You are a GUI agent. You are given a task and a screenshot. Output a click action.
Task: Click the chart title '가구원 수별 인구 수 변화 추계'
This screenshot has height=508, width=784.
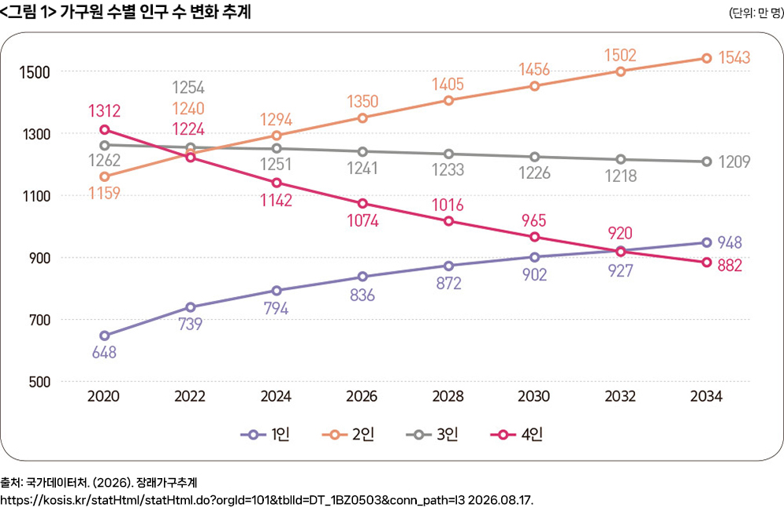click(x=155, y=11)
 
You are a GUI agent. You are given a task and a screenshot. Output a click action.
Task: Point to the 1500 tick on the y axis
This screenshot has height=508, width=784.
click(x=35, y=72)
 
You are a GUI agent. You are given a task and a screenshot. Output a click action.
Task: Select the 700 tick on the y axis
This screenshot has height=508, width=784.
click(x=39, y=320)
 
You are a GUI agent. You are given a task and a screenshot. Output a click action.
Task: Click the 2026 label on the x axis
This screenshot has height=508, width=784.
click(x=362, y=396)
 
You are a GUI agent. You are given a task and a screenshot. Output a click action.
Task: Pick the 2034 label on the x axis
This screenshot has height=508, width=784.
click(x=706, y=396)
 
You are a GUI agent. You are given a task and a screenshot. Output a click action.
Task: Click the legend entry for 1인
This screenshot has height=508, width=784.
click(x=265, y=435)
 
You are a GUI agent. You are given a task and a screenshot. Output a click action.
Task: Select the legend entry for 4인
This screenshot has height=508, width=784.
click(x=517, y=435)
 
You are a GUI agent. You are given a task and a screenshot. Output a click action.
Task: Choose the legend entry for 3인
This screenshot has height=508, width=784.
click(x=432, y=435)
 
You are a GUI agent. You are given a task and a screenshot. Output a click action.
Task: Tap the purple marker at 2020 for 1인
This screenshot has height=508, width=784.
click(x=105, y=336)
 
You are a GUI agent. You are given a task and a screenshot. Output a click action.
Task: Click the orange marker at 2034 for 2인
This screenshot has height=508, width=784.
click(x=707, y=58)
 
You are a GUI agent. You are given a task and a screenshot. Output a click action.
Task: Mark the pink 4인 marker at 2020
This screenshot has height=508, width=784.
click(x=105, y=130)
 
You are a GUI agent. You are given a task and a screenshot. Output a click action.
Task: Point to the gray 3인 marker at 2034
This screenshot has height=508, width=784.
click(x=707, y=161)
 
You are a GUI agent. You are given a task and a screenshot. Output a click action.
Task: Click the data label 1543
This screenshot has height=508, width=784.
click(x=734, y=57)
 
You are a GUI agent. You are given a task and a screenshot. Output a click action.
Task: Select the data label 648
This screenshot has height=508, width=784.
click(x=105, y=353)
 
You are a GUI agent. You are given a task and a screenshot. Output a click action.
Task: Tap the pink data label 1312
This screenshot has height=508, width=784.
click(x=105, y=110)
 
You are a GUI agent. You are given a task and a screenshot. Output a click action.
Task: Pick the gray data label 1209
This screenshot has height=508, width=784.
click(x=734, y=161)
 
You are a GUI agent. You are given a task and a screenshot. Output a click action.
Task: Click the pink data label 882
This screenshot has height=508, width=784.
click(x=730, y=265)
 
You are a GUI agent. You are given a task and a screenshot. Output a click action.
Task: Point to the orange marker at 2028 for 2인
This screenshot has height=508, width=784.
click(x=448, y=101)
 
